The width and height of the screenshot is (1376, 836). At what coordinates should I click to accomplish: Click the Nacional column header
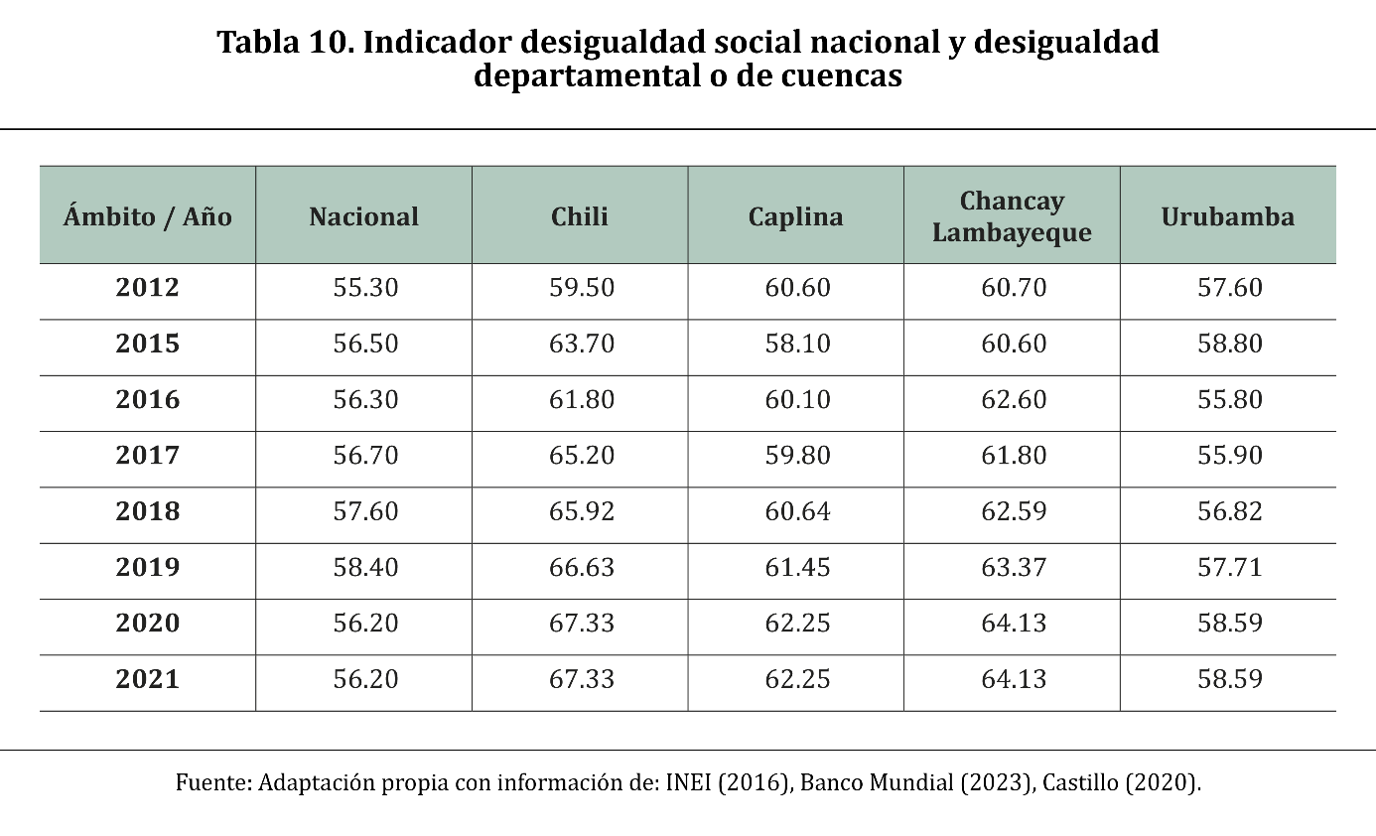(x=363, y=216)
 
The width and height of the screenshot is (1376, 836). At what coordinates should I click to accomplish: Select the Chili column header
(x=580, y=216)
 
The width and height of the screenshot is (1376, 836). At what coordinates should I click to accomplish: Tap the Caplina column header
(x=795, y=216)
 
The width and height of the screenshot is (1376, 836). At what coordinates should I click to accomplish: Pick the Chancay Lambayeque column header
(x=1012, y=216)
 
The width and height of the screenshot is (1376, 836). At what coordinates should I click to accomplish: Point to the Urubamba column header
(x=1228, y=216)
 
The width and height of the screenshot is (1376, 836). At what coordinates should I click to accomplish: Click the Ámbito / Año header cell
(x=148, y=216)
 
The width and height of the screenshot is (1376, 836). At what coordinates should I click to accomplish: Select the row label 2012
(x=148, y=288)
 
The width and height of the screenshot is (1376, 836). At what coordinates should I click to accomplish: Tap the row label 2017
(x=148, y=456)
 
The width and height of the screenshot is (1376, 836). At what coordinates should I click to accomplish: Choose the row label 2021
(x=148, y=679)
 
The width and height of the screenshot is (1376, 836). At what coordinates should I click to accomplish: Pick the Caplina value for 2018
(x=797, y=511)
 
